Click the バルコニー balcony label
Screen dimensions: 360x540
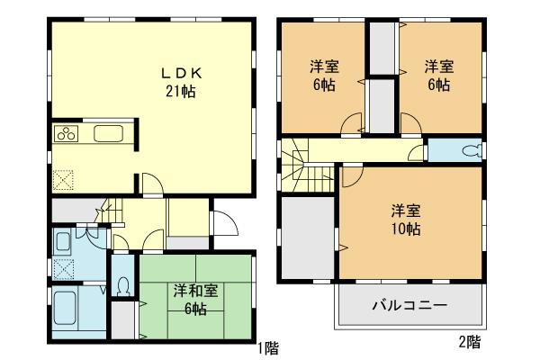coord(409,306)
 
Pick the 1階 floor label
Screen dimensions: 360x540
coord(266,346)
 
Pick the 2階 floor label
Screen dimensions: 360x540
coord(469,341)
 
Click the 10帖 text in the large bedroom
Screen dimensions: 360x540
coord(402,229)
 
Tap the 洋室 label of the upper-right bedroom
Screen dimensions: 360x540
coord(438,66)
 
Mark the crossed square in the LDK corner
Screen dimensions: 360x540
coord(62,179)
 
